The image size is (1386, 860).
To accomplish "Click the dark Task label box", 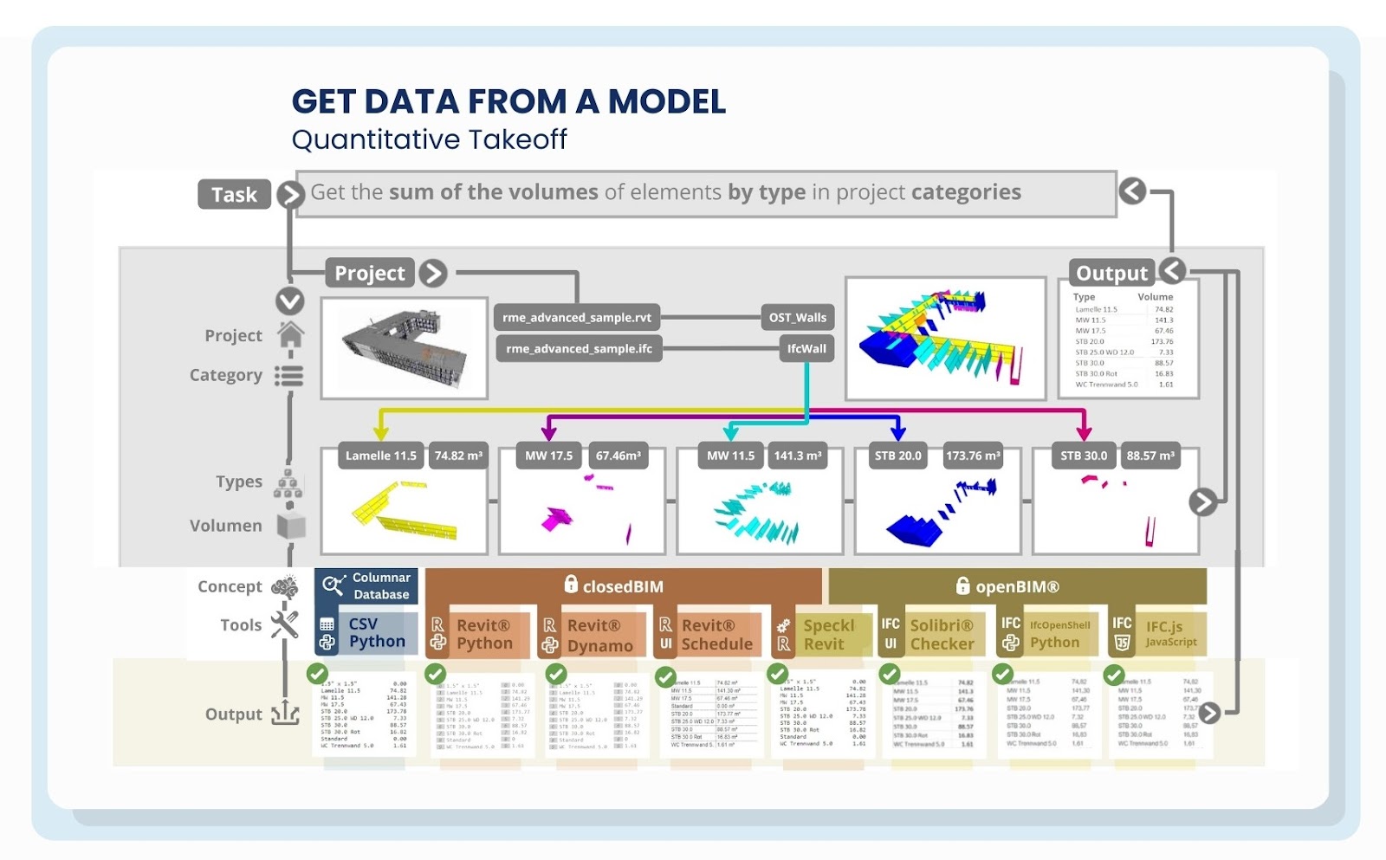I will tap(234, 195).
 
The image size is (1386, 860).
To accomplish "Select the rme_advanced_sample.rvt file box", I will tap(577, 317).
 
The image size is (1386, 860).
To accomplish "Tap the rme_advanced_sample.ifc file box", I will tap(579, 348).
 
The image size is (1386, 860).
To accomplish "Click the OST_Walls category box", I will tap(798, 317).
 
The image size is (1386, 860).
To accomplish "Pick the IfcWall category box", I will tap(806, 348).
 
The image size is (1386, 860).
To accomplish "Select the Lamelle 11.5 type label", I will tap(380, 456).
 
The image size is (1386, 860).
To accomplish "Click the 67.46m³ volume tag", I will tap(619, 456).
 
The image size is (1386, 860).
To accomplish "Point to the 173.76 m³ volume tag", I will tap(973, 456).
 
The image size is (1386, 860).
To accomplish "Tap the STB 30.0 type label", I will tap(1084, 456).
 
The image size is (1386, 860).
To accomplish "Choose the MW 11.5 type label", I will tap(730, 456).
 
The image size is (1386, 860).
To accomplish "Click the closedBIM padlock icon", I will tap(571, 585).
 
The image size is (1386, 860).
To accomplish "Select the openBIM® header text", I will tap(1017, 586).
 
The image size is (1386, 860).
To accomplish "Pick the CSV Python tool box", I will tap(366, 633).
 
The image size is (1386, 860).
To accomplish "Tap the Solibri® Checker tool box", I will tap(932, 635).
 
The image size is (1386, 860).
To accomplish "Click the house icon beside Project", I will tap(290, 334).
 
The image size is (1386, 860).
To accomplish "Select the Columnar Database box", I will tap(366, 586).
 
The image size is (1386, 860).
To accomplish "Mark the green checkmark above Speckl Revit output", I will tap(778, 674).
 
